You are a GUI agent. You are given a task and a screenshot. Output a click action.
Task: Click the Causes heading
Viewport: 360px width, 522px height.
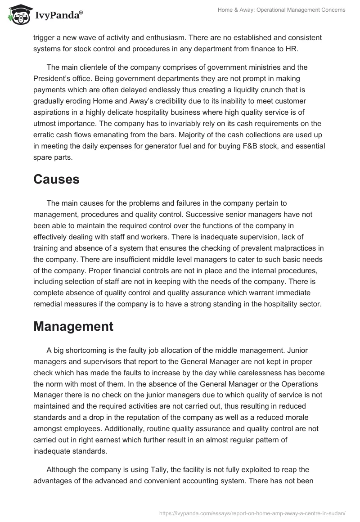click(56, 180)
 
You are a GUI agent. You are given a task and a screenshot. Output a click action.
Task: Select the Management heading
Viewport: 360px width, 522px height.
click(73, 326)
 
